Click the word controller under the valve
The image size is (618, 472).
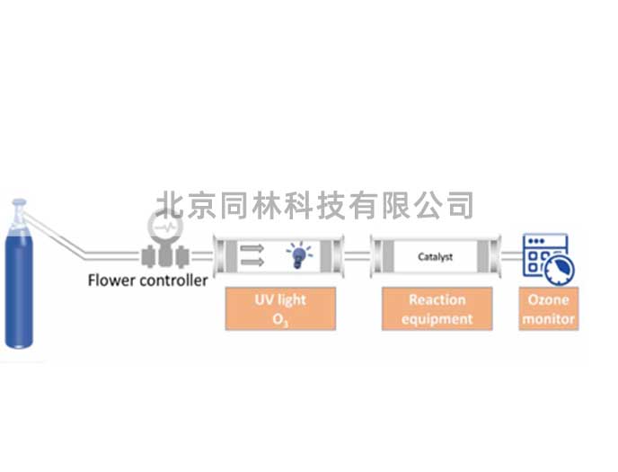coord(175,280)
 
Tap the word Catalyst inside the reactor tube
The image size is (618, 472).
coord(436,257)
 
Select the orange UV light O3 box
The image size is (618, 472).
coord(280,308)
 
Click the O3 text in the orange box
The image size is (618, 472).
coord(280,318)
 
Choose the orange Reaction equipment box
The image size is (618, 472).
coord(437,308)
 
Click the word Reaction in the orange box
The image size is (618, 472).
coord(437,299)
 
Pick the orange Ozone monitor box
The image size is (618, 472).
coord(548,308)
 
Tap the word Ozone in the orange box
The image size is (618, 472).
coord(548,299)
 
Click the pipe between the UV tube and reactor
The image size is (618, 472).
coord(358,256)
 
